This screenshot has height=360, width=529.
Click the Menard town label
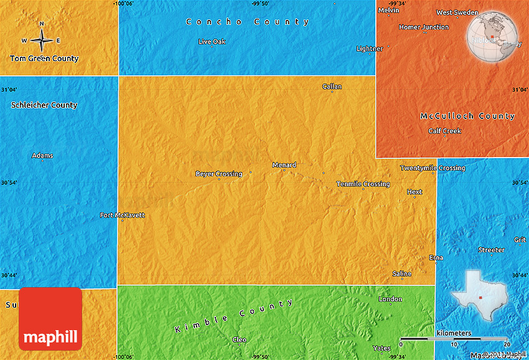click(x=284, y=165)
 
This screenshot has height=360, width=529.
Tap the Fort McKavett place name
click(x=122, y=216)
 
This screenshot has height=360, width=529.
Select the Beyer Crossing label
click(x=218, y=174)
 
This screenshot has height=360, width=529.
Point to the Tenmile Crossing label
click(x=363, y=184)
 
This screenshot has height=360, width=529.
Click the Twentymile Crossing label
click(x=432, y=168)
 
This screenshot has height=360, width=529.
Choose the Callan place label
click(x=332, y=87)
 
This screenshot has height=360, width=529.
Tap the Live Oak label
click(x=212, y=42)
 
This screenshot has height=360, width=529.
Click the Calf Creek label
click(x=444, y=131)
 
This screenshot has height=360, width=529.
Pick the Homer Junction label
click(x=423, y=27)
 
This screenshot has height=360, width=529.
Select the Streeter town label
click(x=491, y=250)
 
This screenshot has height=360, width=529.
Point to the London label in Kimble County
click(x=390, y=299)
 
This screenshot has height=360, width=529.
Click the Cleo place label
click(x=239, y=339)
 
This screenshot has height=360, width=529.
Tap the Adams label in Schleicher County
click(x=42, y=156)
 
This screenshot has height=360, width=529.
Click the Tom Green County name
click(x=44, y=59)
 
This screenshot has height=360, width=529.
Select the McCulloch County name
click(x=467, y=116)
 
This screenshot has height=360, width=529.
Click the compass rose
click(x=42, y=40)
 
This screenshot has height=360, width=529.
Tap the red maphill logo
click(x=50, y=318)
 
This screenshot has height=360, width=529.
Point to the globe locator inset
click(x=492, y=37)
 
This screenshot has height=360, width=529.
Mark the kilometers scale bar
click(x=455, y=338)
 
